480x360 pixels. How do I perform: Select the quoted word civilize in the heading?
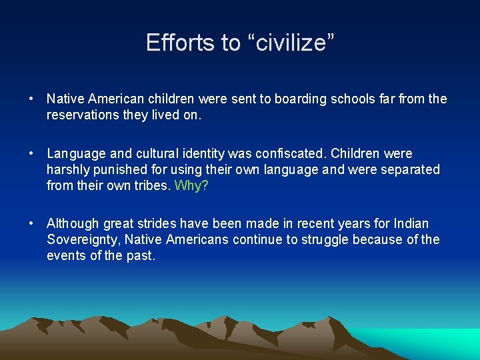point(291,43)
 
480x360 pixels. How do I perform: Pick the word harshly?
point(69,169)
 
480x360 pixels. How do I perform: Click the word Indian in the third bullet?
point(411,223)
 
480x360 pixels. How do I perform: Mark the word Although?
point(73,223)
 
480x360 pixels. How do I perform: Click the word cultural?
point(149,153)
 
